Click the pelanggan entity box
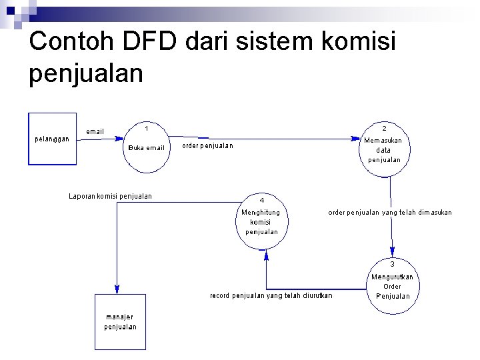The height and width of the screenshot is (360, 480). (53, 139)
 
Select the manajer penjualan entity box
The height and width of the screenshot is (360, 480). (120, 321)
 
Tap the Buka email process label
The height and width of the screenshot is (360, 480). (146, 147)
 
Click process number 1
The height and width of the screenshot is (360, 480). (146, 127)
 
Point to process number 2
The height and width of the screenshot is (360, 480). (384, 128)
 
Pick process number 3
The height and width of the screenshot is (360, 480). (392, 264)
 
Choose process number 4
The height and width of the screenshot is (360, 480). (262, 200)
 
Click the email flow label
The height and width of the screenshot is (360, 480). (95, 131)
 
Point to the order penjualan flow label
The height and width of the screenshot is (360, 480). (208, 146)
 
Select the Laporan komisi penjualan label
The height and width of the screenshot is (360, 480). (110, 196)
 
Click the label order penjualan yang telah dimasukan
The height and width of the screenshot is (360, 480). (389, 213)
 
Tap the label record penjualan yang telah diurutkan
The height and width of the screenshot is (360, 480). (271, 295)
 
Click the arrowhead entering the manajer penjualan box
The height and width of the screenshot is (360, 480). (117, 289)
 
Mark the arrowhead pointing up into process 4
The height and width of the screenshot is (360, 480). (266, 254)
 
